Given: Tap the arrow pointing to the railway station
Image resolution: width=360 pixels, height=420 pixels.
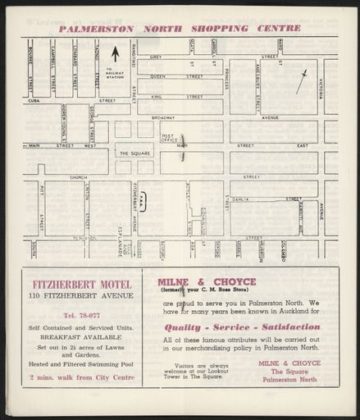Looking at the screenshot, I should coord(115,54).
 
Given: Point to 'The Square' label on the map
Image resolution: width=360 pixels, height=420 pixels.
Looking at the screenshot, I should coord(134,153).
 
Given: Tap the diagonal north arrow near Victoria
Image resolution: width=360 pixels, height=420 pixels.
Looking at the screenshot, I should coord(302,80).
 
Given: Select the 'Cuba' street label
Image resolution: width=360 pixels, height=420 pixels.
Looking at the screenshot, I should coord(34,101).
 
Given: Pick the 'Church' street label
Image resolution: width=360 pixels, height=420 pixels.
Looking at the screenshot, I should coord(78,176).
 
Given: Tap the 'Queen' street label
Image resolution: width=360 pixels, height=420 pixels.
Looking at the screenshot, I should coord(157,76).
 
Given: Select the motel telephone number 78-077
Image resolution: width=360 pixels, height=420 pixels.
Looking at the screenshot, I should coord(80,316).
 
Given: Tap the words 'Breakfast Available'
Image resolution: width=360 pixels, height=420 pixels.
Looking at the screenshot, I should coord(80,336).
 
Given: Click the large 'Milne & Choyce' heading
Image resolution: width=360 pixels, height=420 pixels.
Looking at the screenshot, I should coord(206,281).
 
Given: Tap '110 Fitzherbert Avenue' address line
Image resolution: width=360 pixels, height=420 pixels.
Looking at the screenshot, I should coord(80,295).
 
